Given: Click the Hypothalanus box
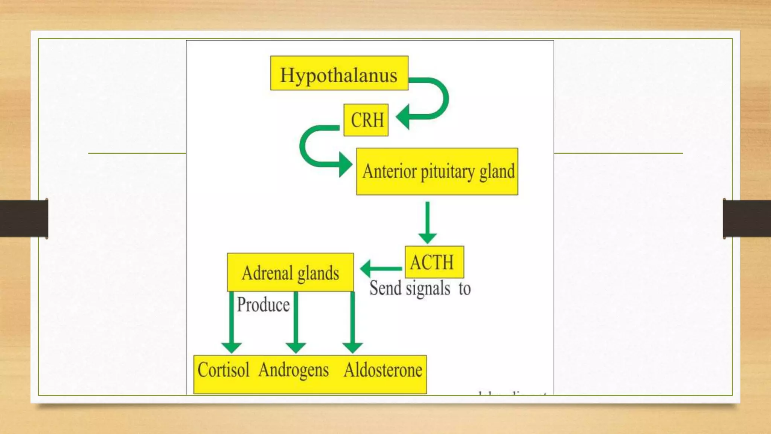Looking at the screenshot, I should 339,73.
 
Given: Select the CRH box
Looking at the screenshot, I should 366,120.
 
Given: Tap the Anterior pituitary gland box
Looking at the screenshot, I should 437,171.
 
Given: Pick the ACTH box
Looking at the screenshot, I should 434,262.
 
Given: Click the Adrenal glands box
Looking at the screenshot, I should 290,272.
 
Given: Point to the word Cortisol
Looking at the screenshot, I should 224,370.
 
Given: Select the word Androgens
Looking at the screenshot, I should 294,370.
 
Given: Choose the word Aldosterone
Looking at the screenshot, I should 383,370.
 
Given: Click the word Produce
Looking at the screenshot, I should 263,305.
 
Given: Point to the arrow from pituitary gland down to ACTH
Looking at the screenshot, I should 427,222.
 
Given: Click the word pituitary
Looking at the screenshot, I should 447,172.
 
